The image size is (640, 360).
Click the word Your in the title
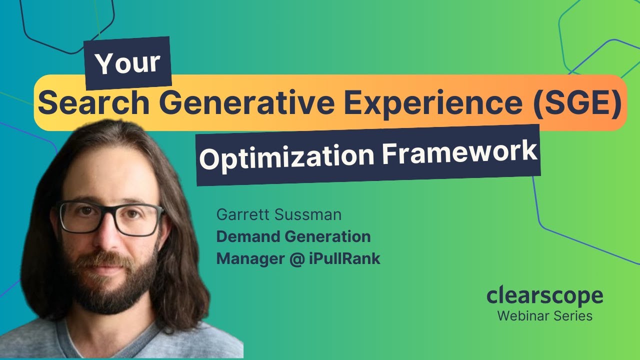click(128, 63)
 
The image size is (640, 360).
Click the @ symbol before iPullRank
click(298, 259)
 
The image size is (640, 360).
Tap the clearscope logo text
click(544, 295)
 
